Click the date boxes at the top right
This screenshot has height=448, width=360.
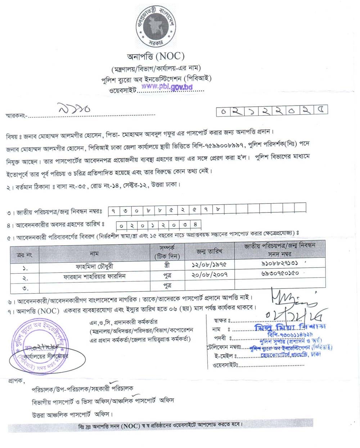pyautogui.click(x=272, y=111)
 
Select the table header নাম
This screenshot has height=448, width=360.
pyautogui.click(x=94, y=254)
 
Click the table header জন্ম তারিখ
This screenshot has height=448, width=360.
pyautogui.click(x=209, y=251)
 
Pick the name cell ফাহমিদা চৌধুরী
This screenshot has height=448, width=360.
pyautogui.click(x=95, y=267)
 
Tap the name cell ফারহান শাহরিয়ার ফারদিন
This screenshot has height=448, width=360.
pyautogui.click(x=94, y=277)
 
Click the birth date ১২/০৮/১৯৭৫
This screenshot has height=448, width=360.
pyautogui.click(x=209, y=264)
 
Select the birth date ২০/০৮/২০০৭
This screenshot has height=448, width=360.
pyautogui.click(x=209, y=275)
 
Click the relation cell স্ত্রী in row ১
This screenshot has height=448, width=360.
pyautogui.click(x=167, y=265)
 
